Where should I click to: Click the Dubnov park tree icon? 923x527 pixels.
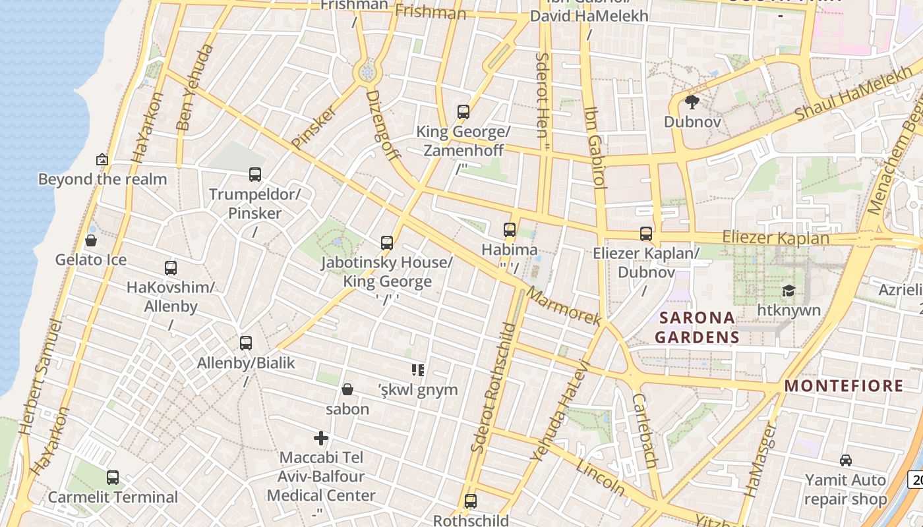(692, 101)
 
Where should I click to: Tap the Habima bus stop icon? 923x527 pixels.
(509, 230)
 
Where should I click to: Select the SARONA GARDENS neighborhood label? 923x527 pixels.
(698, 327)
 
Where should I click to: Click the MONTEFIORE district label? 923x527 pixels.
(843, 386)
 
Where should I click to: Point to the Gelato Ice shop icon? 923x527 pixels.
(91, 240)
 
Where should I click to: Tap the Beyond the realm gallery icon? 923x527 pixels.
(102, 159)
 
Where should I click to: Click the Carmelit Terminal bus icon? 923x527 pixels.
(113, 477)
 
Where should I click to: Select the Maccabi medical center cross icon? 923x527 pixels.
(321, 438)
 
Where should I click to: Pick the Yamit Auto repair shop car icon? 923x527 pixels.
(845, 460)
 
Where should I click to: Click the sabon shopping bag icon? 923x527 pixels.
(347, 389)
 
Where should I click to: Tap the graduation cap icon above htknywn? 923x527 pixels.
(788, 291)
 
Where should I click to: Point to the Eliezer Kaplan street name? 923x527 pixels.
(775, 237)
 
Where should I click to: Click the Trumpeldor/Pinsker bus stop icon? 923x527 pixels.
(255, 175)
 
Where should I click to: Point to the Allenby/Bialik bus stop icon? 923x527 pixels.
(246, 343)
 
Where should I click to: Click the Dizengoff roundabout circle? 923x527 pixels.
(367, 71)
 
